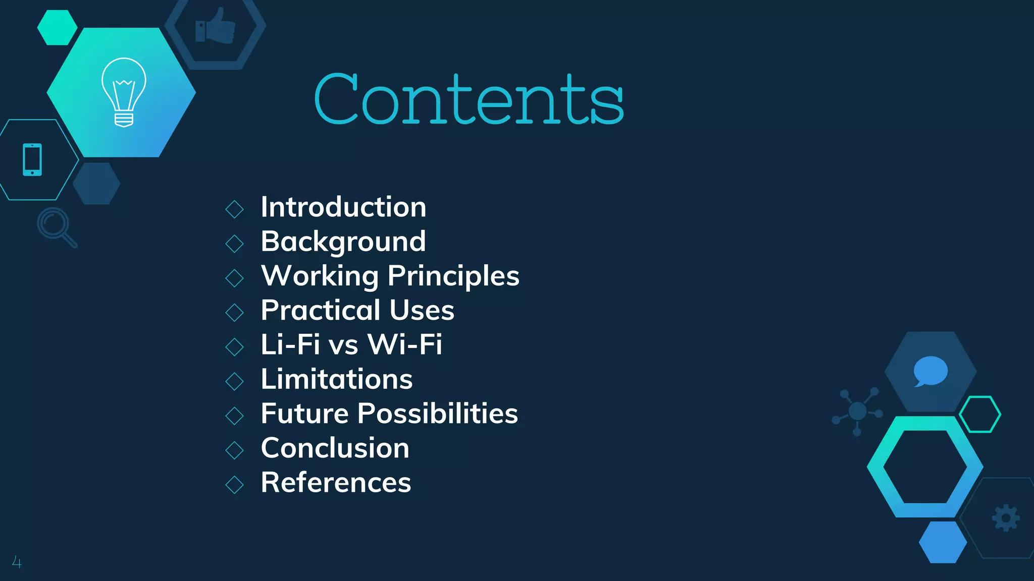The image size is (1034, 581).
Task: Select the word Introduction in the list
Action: pyautogui.click(x=343, y=207)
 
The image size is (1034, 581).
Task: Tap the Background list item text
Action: pyautogui.click(x=343, y=242)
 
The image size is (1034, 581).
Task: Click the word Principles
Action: pyautogui.click(x=453, y=276)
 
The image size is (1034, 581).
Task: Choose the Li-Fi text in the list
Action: pyautogui.click(x=290, y=344)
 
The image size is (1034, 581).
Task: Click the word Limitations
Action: pyautogui.click(x=337, y=379)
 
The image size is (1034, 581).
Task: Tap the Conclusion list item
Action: pyautogui.click(x=335, y=448)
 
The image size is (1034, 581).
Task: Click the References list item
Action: pyautogui.click(x=336, y=482)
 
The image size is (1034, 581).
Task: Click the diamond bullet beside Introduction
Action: pyautogui.click(x=234, y=209)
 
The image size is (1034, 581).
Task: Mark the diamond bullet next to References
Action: pyautogui.click(x=234, y=484)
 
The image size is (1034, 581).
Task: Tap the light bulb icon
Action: pyautogui.click(x=124, y=92)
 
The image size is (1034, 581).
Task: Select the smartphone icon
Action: pyautogui.click(x=32, y=160)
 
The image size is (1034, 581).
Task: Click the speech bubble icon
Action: pyautogui.click(x=930, y=372)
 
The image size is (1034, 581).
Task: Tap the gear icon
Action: pyautogui.click(x=1006, y=518)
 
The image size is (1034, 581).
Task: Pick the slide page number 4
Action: pyautogui.click(x=17, y=562)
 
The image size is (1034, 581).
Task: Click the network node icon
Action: pyautogui.click(x=857, y=412)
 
